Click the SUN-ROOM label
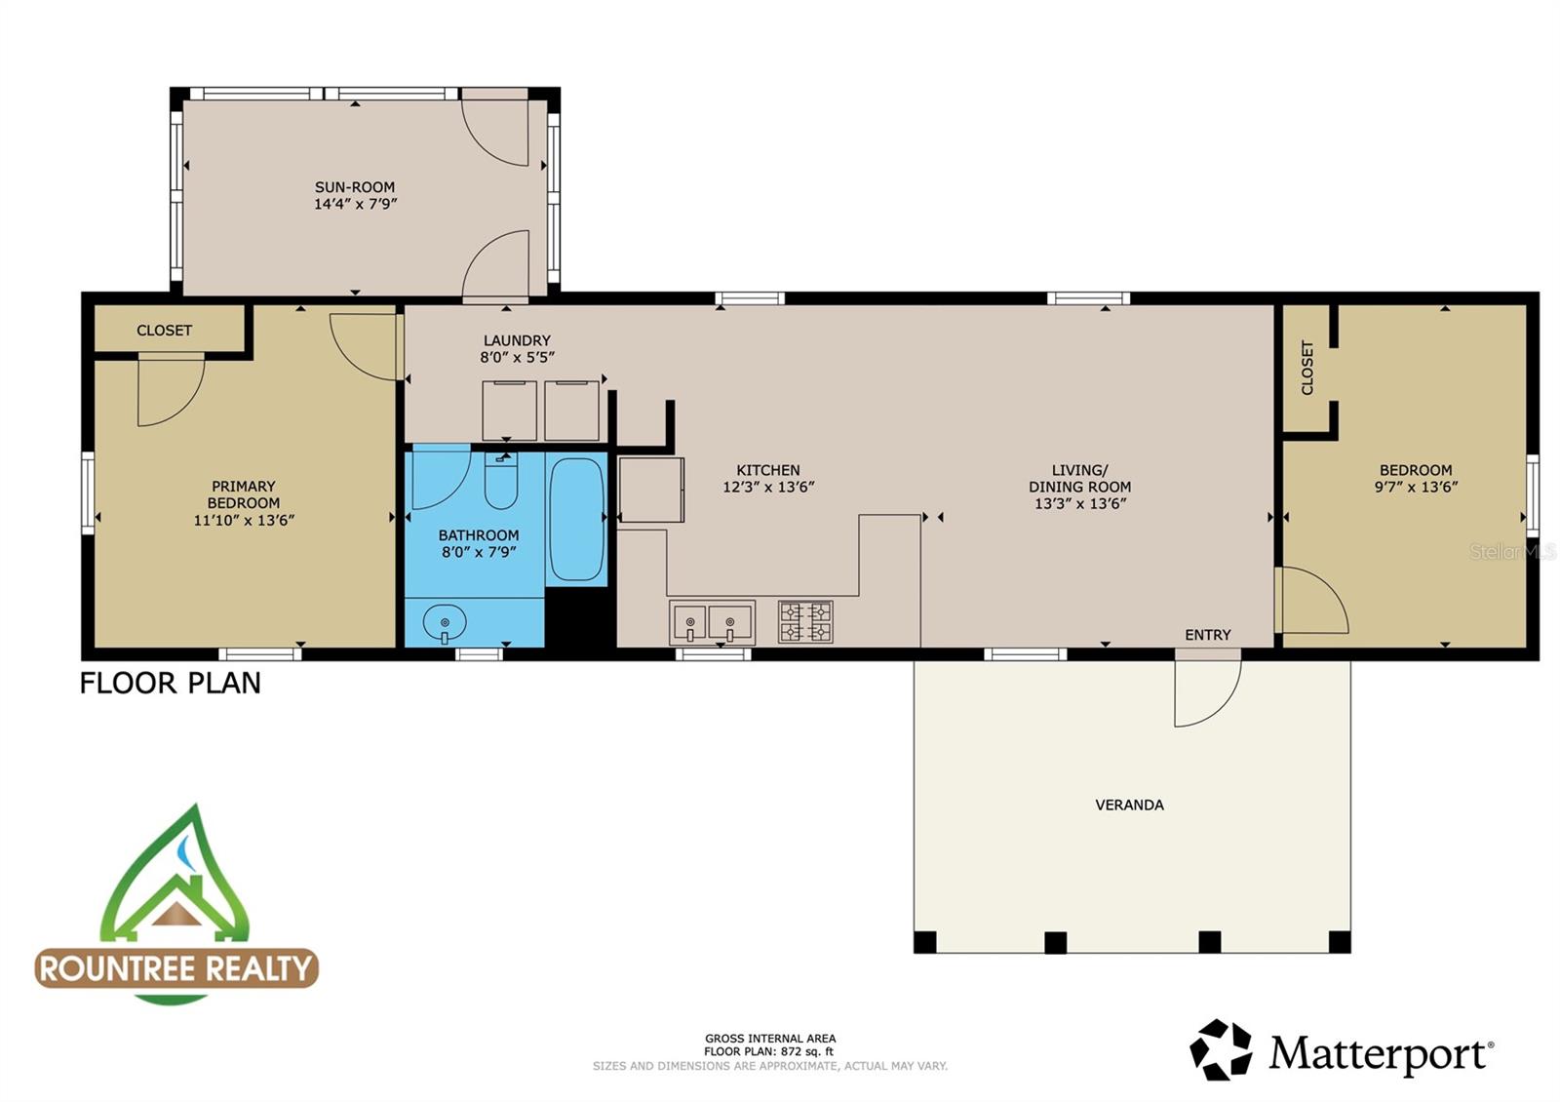(x=355, y=187)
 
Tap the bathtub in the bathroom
(x=575, y=520)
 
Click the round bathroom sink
(x=445, y=621)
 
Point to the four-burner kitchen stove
(x=805, y=622)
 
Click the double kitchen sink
(x=713, y=622)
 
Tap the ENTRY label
(x=1207, y=635)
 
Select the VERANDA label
(x=1129, y=805)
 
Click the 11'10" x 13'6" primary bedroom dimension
(x=244, y=521)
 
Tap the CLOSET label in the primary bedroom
(x=164, y=331)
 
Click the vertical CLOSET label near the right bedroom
(x=1307, y=368)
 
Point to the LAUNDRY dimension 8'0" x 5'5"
(x=517, y=358)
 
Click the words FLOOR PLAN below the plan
(x=171, y=683)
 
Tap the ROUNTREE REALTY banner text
(x=176, y=968)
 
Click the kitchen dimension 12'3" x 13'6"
(x=768, y=487)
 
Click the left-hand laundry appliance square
(x=509, y=411)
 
